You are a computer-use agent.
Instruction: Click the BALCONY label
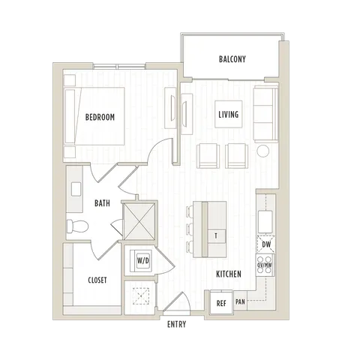232,59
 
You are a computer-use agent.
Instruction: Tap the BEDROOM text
100,117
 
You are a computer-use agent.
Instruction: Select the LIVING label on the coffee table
229,115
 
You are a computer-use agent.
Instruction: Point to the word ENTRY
176,324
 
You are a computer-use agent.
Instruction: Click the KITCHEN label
229,274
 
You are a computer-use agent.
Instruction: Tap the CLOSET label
97,280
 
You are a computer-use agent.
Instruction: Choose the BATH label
102,203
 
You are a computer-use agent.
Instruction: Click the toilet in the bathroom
77,226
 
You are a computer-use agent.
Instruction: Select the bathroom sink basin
76,189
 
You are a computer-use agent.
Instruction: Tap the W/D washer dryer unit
139,261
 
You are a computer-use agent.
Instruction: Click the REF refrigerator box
221,303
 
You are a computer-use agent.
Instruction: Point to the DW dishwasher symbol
266,244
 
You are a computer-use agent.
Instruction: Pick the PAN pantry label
240,301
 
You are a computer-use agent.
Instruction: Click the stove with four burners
265,265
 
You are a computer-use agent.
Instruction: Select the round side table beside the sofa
263,151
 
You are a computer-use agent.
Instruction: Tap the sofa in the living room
265,114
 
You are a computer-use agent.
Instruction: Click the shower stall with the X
139,221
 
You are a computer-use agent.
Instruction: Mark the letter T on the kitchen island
216,235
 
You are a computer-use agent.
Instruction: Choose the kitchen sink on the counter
265,222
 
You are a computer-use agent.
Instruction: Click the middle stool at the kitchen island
190,229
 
